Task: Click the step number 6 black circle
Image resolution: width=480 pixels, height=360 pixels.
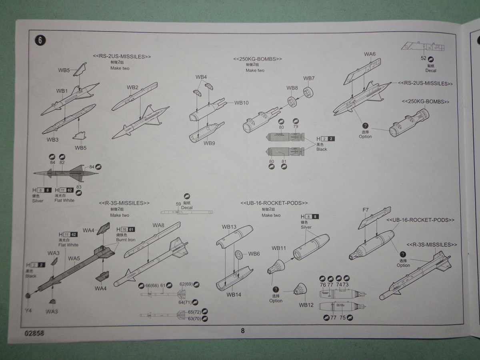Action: (40, 40)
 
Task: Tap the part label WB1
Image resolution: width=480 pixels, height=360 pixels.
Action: (62, 91)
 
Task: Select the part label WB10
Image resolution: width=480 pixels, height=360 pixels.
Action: (241, 103)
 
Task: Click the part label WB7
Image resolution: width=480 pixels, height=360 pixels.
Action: (309, 78)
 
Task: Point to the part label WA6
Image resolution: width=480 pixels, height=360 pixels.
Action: (370, 54)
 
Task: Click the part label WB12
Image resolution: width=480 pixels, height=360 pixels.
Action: (306, 304)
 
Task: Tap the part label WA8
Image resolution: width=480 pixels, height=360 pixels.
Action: (158, 225)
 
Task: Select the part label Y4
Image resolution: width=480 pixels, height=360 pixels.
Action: (28, 310)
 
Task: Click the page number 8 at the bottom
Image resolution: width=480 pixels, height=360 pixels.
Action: (242, 330)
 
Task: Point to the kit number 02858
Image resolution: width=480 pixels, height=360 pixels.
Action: (34, 332)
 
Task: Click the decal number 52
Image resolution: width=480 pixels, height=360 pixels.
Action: (423, 58)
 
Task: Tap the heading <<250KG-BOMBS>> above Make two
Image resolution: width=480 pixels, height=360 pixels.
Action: (258, 59)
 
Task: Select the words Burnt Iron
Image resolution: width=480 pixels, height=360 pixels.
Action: (126, 240)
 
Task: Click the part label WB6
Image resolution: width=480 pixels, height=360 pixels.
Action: (254, 254)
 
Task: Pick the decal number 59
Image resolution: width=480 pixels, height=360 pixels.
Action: (178, 204)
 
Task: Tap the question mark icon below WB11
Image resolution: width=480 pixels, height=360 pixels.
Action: (276, 289)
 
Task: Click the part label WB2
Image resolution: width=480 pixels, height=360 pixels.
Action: (132, 88)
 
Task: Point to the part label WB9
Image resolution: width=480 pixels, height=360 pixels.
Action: (209, 143)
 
